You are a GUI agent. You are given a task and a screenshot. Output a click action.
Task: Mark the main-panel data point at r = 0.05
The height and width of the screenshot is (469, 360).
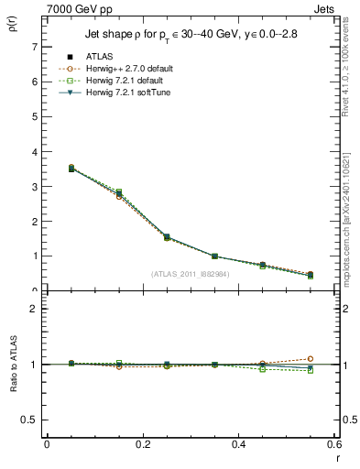[x=47, y=169]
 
